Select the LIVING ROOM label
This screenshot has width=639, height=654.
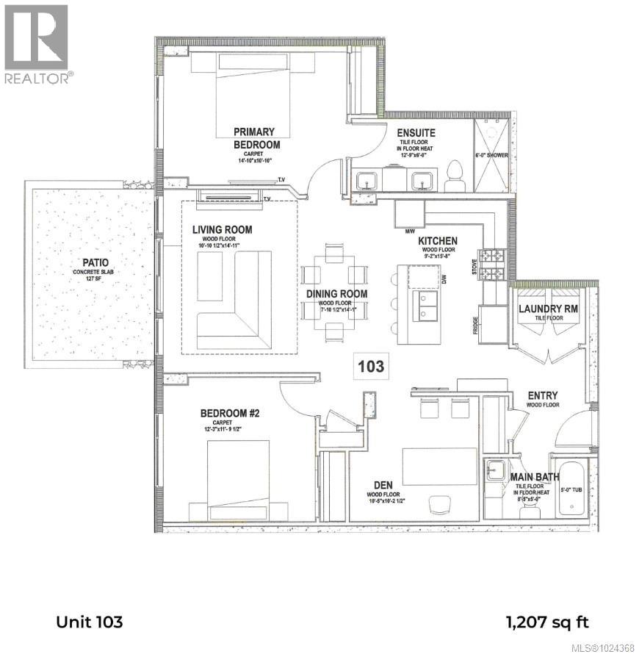[x=222, y=230]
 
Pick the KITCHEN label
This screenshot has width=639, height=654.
[x=438, y=241]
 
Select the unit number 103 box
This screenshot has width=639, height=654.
[x=371, y=365]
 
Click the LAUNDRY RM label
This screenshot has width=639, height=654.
[x=549, y=309]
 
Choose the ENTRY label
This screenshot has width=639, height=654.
[x=544, y=396]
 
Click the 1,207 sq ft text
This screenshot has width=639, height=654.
[x=547, y=622]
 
